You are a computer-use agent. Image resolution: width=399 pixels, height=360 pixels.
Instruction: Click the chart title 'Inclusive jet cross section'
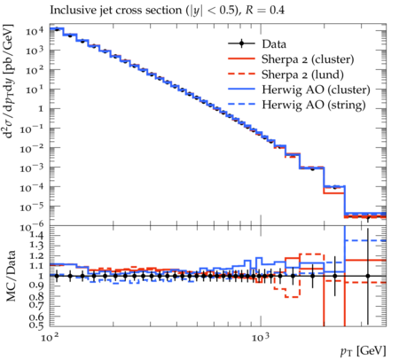click(x=117, y=11)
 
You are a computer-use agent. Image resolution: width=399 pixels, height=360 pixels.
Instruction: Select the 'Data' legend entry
click(x=274, y=44)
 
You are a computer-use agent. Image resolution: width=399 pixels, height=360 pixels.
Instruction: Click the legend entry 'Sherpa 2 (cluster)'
click(x=308, y=59)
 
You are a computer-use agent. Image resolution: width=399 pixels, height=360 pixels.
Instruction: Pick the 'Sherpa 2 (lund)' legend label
click(x=302, y=74)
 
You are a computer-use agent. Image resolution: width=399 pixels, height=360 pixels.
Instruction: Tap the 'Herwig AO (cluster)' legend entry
click(x=316, y=90)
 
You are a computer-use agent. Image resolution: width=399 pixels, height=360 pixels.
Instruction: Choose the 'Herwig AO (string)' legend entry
click(x=314, y=105)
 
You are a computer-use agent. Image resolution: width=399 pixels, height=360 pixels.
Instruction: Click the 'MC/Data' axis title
click(x=11, y=276)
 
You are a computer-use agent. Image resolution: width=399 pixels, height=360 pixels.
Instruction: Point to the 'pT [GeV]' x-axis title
click(x=364, y=351)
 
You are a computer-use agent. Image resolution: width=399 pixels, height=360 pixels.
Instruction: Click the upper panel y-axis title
click(x=9, y=82)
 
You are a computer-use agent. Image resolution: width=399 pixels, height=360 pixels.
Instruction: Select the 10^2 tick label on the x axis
click(x=50, y=337)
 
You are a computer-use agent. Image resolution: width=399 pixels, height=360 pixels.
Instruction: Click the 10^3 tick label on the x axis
click(x=261, y=337)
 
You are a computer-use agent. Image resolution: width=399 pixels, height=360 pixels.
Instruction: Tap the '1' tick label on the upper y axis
click(x=41, y=109)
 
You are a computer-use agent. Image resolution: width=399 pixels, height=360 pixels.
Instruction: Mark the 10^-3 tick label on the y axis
click(x=32, y=168)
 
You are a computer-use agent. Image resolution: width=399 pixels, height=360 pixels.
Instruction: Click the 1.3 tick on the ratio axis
click(x=36, y=246)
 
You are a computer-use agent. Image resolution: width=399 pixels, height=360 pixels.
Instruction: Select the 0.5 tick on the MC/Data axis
click(x=36, y=325)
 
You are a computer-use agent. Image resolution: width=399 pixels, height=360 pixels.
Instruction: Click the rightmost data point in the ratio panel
click(x=368, y=276)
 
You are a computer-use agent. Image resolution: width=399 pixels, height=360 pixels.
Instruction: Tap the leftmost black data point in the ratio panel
click(x=57, y=276)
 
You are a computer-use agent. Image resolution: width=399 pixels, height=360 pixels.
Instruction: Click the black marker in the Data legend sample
click(x=241, y=43)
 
